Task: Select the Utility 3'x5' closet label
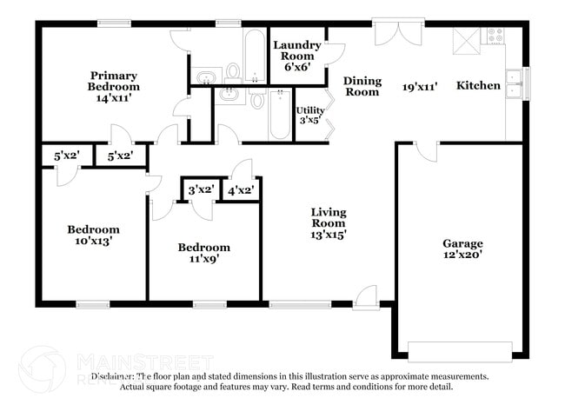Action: [310, 115]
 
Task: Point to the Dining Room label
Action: [362, 86]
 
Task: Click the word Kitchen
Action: [479, 85]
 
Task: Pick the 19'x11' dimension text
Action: [419, 86]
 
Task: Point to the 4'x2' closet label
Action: [240, 189]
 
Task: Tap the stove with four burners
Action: [495, 36]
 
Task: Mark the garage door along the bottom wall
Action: [460, 352]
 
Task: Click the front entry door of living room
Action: [366, 296]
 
